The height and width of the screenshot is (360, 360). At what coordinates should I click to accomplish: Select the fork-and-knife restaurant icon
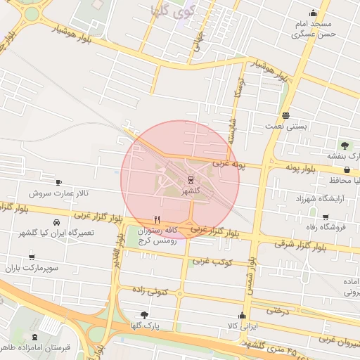157,219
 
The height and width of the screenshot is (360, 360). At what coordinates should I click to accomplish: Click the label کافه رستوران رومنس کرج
156,235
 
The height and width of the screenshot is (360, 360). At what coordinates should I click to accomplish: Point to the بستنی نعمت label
286,127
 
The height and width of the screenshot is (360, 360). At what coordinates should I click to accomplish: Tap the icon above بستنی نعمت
285,115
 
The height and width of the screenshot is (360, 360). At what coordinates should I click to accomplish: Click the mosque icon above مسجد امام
313,13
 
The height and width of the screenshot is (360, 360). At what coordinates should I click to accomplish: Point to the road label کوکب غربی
207,262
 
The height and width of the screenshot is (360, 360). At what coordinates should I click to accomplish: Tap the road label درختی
279,309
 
